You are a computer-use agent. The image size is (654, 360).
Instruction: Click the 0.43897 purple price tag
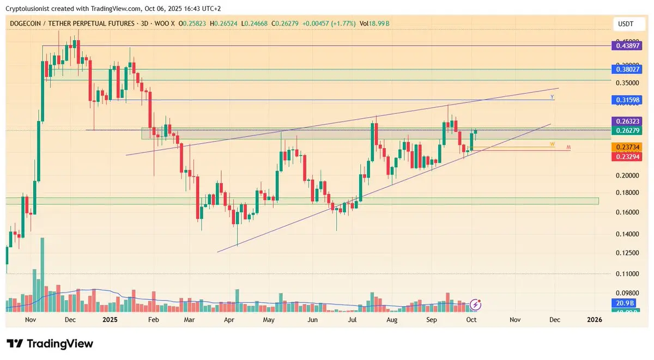click(629, 46)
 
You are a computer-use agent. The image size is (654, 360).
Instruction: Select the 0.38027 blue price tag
click(629, 69)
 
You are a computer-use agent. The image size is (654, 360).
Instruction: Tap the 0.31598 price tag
click(629, 100)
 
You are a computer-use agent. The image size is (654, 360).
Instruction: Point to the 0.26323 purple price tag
click(629, 121)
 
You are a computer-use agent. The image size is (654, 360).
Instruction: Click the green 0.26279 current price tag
click(629, 131)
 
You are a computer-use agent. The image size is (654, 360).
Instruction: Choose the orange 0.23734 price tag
click(629, 147)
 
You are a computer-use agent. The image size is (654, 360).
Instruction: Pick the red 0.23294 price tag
click(629, 156)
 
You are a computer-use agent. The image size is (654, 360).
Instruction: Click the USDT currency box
click(626, 24)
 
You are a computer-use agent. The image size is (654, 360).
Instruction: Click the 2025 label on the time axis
click(110, 320)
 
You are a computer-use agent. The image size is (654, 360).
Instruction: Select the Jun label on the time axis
click(313, 320)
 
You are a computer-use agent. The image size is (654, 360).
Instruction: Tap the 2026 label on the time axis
click(595, 320)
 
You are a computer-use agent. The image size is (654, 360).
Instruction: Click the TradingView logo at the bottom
click(50, 344)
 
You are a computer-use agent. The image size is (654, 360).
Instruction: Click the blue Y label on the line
click(552, 97)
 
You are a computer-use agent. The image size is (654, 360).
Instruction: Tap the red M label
click(568, 147)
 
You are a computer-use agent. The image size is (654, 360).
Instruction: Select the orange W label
click(552, 144)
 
